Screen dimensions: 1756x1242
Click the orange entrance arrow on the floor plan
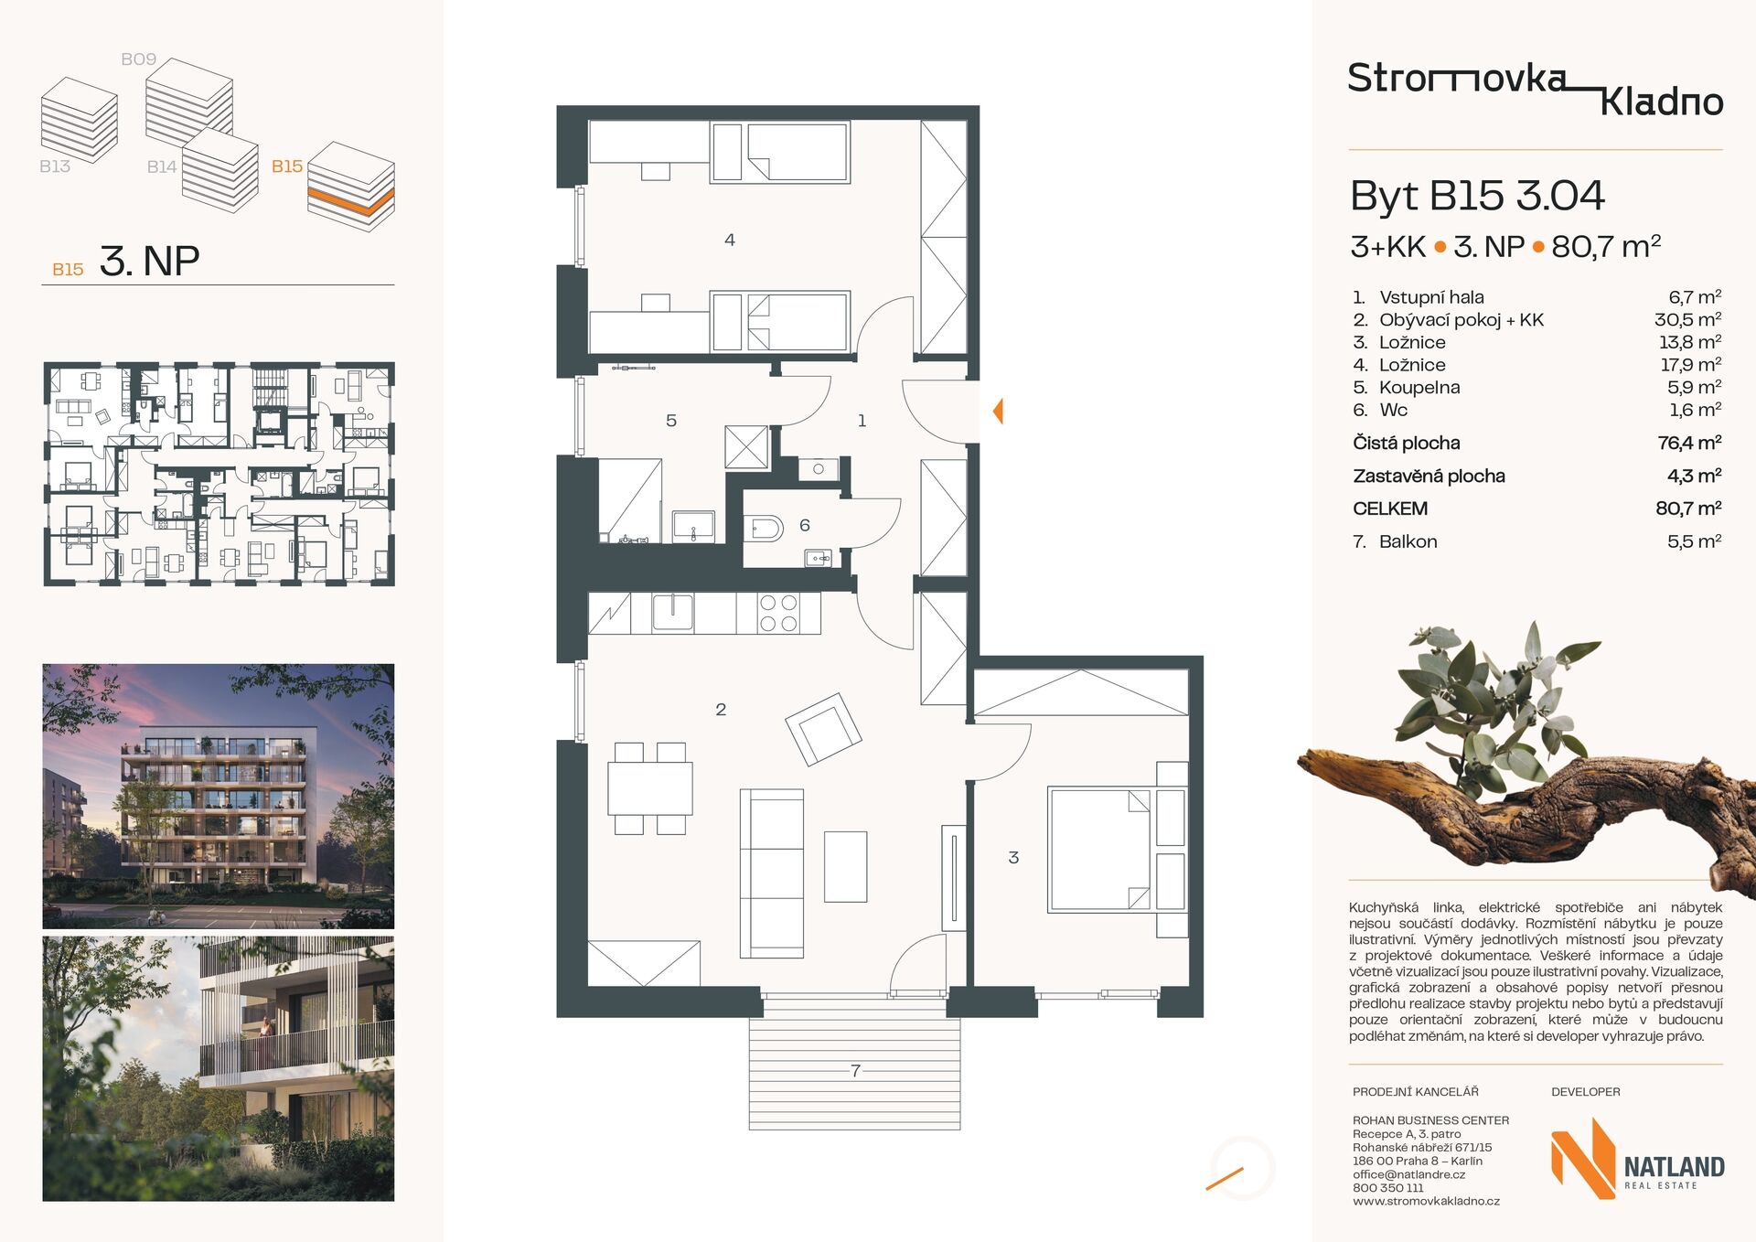coord(999,411)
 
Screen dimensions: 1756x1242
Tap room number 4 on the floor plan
coord(729,240)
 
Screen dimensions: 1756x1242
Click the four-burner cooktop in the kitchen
coord(777,613)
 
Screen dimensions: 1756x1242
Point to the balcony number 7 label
coord(855,1070)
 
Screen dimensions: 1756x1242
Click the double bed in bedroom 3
coord(1099,849)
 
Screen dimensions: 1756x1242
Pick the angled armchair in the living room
coord(823,729)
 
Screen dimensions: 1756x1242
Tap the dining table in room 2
coord(649,787)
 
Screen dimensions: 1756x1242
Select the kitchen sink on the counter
coord(672,612)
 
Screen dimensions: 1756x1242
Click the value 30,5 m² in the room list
coord(1687,319)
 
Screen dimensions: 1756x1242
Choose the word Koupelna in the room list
coord(1419,387)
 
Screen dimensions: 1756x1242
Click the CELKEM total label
coord(1390,509)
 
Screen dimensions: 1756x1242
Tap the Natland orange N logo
coord(1582,1158)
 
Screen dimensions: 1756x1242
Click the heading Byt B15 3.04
coord(1477,196)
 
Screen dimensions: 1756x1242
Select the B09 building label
coord(138,59)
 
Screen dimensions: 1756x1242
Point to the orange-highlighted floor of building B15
coord(351,201)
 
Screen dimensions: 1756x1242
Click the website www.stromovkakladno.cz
coord(1426,1201)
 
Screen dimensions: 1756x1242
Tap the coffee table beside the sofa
coord(845,866)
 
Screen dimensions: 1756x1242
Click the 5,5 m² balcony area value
coord(1694,541)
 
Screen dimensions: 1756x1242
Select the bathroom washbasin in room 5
coord(693,527)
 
